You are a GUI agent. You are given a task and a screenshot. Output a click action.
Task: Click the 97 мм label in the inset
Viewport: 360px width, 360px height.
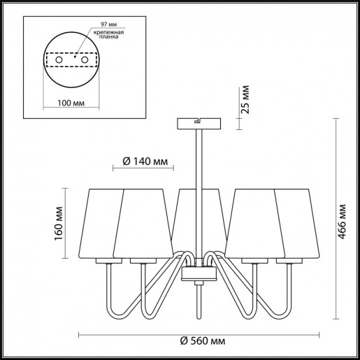point(108,24)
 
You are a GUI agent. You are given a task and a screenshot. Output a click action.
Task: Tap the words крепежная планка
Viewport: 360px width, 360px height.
point(108,34)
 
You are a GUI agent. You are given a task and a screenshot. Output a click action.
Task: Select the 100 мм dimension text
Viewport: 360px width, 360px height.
point(71,103)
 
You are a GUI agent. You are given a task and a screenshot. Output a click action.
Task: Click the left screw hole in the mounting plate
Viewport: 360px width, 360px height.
point(59,60)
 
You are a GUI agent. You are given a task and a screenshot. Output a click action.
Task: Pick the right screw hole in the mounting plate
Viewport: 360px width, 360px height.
point(85,60)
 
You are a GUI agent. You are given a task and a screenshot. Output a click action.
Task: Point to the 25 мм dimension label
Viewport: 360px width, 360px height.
point(245,99)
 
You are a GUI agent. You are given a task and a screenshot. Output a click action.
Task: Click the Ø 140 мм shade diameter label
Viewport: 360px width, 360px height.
point(145,161)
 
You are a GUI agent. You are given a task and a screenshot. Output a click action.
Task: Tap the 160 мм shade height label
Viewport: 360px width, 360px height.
point(59,223)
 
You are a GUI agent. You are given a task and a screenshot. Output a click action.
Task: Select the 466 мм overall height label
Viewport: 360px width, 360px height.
point(342,222)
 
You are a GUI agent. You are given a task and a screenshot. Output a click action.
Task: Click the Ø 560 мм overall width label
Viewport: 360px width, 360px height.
point(203,341)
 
